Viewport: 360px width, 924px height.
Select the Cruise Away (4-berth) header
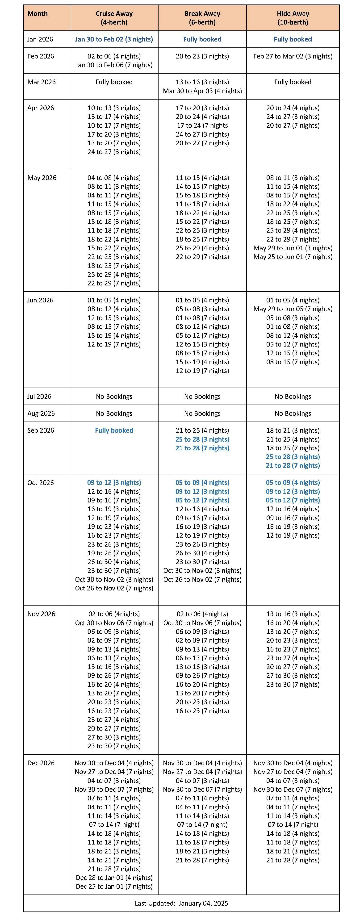(114, 18)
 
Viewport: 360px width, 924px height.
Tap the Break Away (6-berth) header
(202, 18)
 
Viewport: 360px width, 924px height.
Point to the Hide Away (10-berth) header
(293, 18)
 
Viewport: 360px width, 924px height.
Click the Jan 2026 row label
(40, 39)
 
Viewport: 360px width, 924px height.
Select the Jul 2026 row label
(39, 396)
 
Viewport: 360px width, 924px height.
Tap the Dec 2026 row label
(41, 763)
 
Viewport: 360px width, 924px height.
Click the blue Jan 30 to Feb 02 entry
(114, 39)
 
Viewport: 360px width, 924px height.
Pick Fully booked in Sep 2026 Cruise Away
(114, 431)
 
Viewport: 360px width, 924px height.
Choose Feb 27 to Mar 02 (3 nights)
(293, 56)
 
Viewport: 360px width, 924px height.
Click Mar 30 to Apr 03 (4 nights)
(202, 91)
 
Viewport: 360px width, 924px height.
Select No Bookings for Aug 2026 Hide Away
(293, 414)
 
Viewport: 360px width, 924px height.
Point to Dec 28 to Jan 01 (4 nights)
(114, 878)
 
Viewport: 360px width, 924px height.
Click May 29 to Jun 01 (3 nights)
(293, 248)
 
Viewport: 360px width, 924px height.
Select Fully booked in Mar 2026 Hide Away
(293, 82)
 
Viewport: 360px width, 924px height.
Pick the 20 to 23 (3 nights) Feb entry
(202, 56)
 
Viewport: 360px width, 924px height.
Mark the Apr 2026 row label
(41, 108)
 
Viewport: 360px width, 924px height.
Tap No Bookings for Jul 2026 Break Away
(202, 396)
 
